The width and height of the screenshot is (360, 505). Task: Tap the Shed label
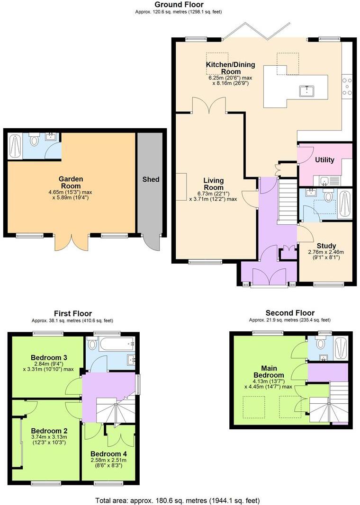tap(151, 179)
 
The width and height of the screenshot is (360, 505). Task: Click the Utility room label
tap(325, 160)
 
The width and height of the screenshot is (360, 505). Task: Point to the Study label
tap(326, 246)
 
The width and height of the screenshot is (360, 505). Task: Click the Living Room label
tap(214, 184)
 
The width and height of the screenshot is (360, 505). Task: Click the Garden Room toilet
tap(34, 140)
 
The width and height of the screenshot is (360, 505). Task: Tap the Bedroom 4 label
tap(109, 453)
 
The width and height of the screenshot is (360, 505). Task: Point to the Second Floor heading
tap(289, 313)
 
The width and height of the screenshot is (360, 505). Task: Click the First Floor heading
tap(72, 313)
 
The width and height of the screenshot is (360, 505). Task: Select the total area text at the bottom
tap(177, 500)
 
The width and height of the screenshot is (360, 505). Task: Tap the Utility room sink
tap(325, 180)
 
